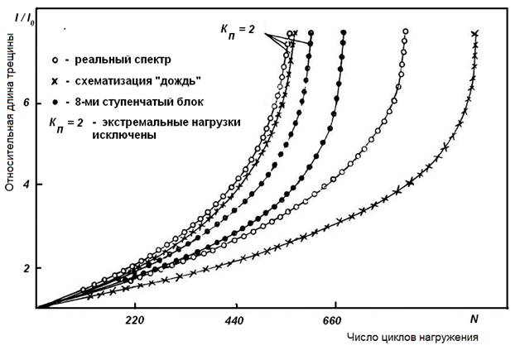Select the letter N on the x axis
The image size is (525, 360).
pyautogui.click(x=474, y=319)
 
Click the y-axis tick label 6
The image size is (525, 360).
pyautogui.click(x=27, y=103)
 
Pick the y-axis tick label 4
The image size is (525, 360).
pyautogui.click(x=27, y=185)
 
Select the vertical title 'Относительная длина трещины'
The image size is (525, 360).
pyautogui.click(x=11, y=132)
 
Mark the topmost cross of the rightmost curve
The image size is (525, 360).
pyautogui.click(x=475, y=34)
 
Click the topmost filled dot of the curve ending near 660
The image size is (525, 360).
pyautogui.click(x=344, y=33)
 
